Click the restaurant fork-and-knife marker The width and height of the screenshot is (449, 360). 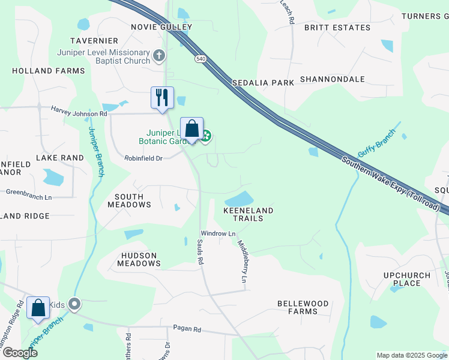coord(162,98)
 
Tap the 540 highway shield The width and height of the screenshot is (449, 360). coord(198,59)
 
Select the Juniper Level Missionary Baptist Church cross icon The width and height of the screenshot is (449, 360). coord(159,56)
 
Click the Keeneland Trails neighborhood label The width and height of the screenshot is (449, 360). coord(248,214)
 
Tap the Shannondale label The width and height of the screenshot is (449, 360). coord(332,79)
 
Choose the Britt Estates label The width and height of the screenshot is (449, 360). coord(337,28)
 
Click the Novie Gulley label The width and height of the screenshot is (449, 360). coord(162,27)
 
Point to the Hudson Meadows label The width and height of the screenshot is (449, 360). coord(139,259)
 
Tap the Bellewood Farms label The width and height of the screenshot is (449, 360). coord(303,307)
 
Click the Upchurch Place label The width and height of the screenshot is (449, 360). coord(407,279)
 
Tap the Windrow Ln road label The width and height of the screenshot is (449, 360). coord(218,233)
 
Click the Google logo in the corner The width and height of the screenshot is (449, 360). coord(20,352)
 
